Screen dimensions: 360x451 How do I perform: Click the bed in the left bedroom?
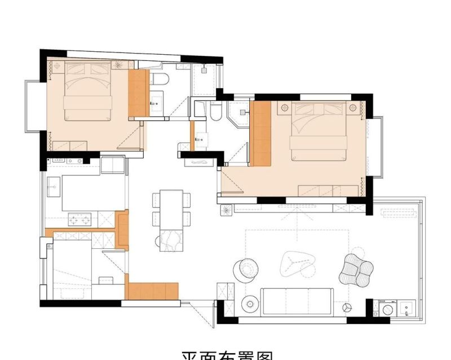(x=87, y=93)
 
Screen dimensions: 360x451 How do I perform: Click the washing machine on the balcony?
(x=388, y=309)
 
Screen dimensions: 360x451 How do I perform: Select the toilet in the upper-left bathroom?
(x=159, y=79)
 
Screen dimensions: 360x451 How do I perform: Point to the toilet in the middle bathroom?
(x=215, y=112)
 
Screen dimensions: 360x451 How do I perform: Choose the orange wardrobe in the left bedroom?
(x=138, y=93)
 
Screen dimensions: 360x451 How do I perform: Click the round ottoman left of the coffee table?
(x=245, y=269)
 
